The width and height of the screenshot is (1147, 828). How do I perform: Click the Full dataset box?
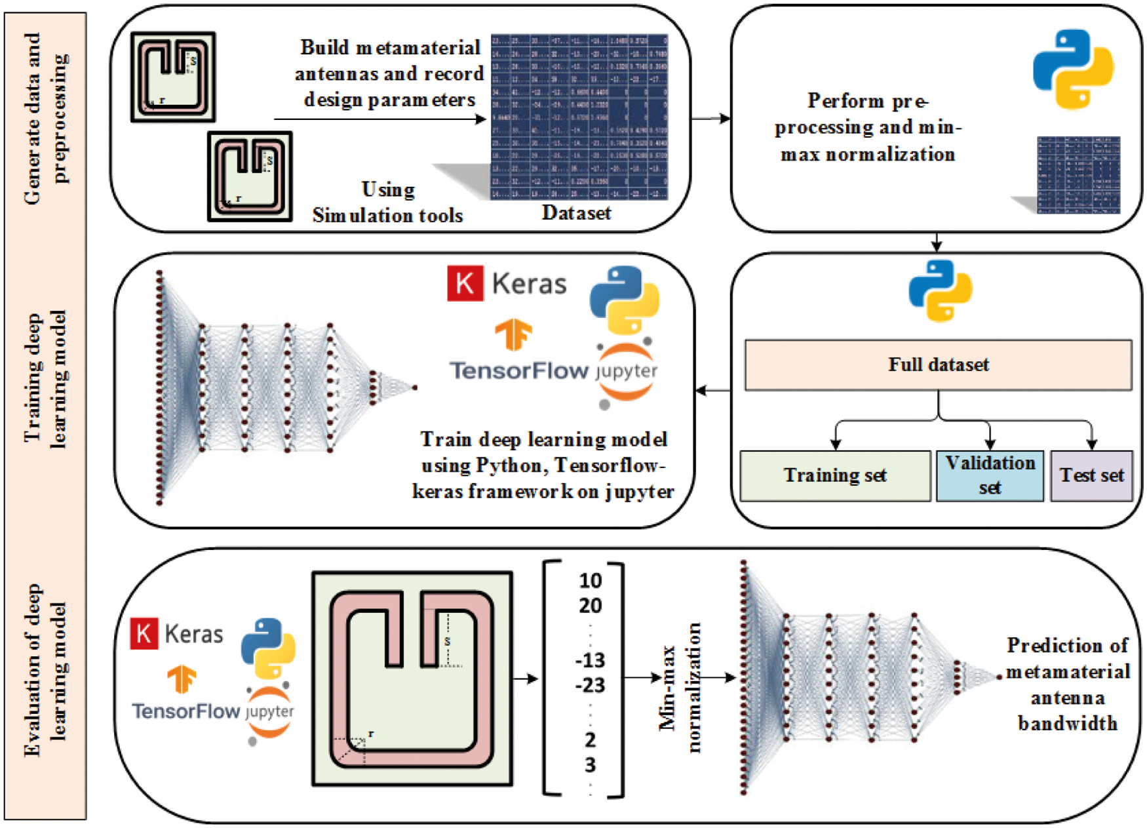tap(938, 365)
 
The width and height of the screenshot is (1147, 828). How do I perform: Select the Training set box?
tap(834, 476)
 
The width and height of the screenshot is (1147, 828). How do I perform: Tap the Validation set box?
tap(990, 476)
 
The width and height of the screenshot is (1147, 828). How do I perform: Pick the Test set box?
tap(1091, 476)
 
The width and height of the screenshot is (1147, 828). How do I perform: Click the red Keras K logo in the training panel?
tap(465, 284)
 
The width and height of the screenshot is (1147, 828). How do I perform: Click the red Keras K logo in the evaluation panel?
tap(144, 633)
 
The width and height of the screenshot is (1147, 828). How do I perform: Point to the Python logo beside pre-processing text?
tap(1073, 69)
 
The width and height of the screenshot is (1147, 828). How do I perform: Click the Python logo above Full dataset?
tap(941, 290)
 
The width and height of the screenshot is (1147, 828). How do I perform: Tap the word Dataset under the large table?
tap(576, 213)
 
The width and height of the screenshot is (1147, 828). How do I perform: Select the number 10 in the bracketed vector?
tap(590, 581)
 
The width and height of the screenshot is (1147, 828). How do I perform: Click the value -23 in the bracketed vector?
tap(589, 686)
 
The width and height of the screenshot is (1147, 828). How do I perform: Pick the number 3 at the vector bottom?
tap(590, 765)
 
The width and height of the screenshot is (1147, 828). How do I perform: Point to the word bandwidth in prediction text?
tap(1067, 724)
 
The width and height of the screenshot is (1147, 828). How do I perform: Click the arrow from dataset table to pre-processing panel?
tap(710, 119)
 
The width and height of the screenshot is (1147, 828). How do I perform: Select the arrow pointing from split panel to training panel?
tap(713, 391)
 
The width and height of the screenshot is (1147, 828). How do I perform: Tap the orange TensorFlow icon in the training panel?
tap(513, 334)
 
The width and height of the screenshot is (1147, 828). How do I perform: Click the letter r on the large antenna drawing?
tap(371, 734)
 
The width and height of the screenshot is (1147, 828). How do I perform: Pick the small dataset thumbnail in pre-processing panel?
tap(1078, 174)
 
